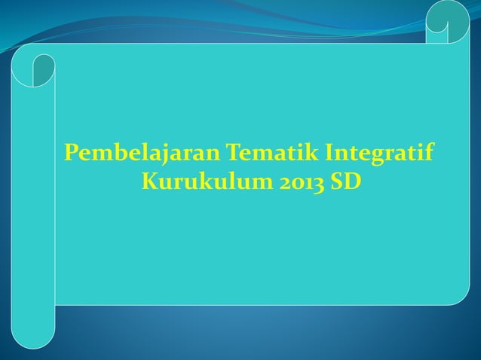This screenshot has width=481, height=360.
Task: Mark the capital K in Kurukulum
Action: click(149, 182)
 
